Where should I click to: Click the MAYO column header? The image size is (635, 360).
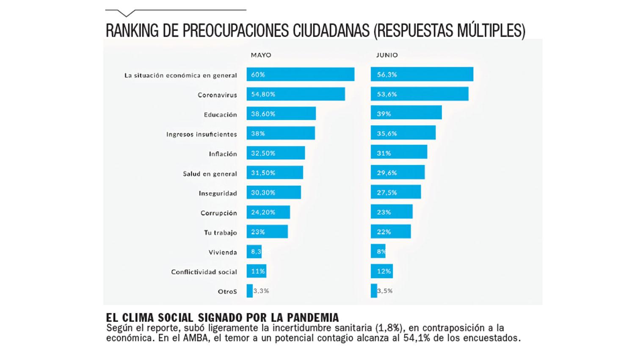tap(261, 55)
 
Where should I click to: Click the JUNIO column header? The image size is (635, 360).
tap(387, 55)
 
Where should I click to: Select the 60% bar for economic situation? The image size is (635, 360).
tap(301, 74)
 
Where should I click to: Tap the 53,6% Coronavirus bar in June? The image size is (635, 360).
tap(420, 94)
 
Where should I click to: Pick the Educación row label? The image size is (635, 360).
tap(220, 115)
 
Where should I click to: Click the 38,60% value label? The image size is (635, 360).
tap(263, 114)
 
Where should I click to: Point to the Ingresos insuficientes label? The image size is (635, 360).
tap(202, 134)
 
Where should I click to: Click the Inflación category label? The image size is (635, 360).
tap(223, 154)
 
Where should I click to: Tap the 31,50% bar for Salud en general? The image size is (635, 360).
tap(275, 172)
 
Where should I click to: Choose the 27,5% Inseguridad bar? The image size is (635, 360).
tap(396, 192)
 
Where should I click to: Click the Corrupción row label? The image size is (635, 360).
tap(218, 213)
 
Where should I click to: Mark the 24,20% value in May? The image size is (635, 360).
tap(263, 212)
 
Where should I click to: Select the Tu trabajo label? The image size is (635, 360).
tap(220, 233)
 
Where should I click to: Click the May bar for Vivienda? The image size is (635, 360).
tap(254, 252)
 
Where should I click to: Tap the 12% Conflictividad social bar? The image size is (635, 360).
tap(382, 271)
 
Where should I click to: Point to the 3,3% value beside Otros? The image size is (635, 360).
tap(261, 291)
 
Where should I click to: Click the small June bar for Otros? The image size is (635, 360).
tap(374, 291)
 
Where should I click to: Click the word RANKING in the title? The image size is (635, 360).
tap(132, 30)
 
